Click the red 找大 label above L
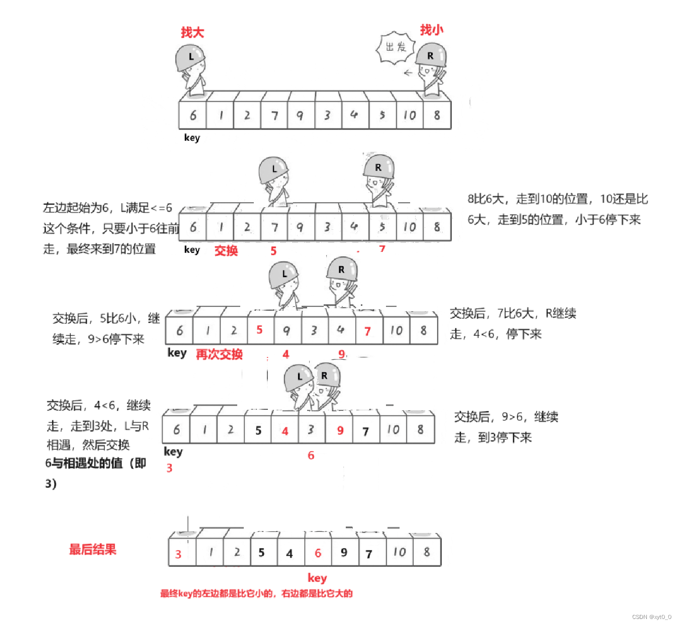coord(192,33)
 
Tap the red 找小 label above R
coord(432,30)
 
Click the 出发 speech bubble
coord(396,48)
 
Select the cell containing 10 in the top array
coord(410,115)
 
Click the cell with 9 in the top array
coord(300,115)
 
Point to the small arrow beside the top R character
coord(408,73)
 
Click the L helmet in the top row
coord(190,57)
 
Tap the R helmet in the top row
coord(431,56)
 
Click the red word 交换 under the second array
coord(226,250)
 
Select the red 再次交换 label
coord(219,354)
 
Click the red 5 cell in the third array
coord(260,330)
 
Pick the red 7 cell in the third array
coord(368,331)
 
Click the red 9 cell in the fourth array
coord(340,430)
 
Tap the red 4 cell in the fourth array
coord(285,431)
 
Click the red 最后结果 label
coord(92,549)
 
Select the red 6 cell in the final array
coord(318,553)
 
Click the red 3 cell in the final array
coord(178,554)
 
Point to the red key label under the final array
coord(317,578)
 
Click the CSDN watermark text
coord(651,617)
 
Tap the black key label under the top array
coord(192,137)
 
